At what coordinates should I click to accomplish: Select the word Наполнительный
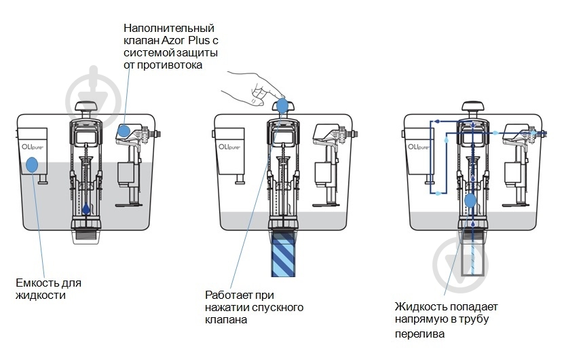click(169, 29)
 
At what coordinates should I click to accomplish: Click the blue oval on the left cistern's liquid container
click(31, 164)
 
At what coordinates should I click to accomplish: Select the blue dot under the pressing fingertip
click(282, 105)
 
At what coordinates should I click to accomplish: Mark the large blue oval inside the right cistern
click(471, 201)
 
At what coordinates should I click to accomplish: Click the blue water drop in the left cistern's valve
click(86, 210)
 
